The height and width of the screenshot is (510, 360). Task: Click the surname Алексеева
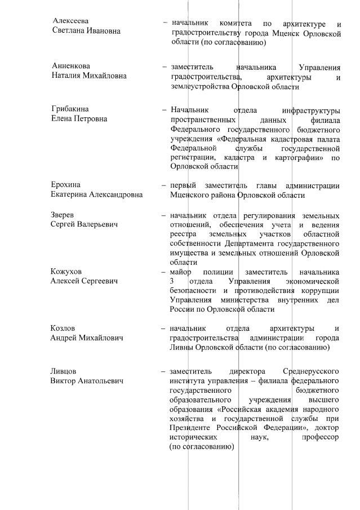(70, 21)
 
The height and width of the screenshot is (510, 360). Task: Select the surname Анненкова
(71, 66)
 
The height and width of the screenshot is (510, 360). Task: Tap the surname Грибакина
(70, 109)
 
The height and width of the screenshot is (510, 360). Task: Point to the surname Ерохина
(65, 185)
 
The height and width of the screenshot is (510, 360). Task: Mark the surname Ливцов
(64, 371)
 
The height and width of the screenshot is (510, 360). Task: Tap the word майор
(181, 271)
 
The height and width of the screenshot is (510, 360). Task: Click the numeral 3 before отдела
(172, 281)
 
